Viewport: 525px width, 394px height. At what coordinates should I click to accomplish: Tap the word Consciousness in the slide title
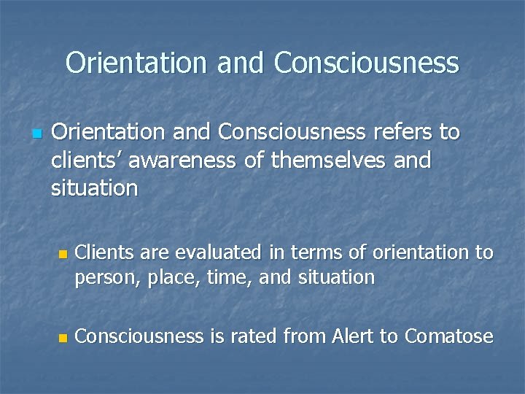tap(367, 63)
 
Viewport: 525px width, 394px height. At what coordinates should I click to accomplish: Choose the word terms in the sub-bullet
tap(319, 252)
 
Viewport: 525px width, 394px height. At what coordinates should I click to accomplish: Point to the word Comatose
tap(448, 336)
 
